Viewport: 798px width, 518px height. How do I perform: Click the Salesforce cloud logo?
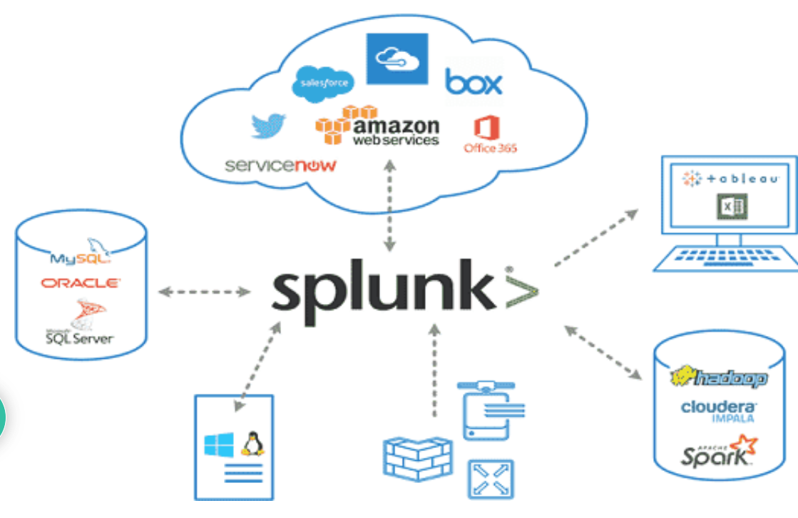click(323, 83)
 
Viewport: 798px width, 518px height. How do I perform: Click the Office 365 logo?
click(490, 136)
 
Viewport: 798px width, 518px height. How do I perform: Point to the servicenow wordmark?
click(280, 166)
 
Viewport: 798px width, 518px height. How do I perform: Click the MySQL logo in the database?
click(81, 253)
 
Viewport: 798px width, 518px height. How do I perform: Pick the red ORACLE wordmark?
click(81, 283)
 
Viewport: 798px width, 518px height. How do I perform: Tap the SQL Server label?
click(79, 337)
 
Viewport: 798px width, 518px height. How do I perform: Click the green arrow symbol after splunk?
click(521, 289)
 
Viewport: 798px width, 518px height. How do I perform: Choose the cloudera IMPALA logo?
click(719, 410)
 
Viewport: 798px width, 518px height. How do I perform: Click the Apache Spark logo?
click(718, 452)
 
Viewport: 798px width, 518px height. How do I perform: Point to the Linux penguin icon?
click(250, 445)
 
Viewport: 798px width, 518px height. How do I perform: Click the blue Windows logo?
click(218, 445)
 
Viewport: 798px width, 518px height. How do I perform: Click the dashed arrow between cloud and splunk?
click(389, 205)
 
